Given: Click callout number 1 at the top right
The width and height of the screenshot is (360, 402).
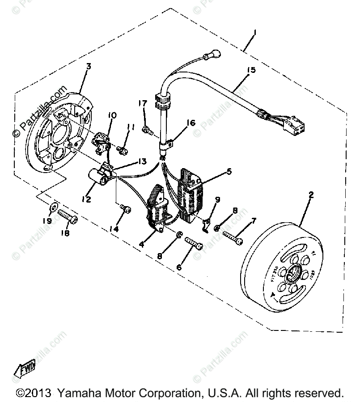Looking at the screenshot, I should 254,33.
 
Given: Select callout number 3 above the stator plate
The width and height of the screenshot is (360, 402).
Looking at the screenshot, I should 89,66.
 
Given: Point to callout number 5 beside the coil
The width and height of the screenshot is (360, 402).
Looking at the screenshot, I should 229,171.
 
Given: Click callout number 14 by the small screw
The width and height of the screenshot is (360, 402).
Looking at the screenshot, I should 115,229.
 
